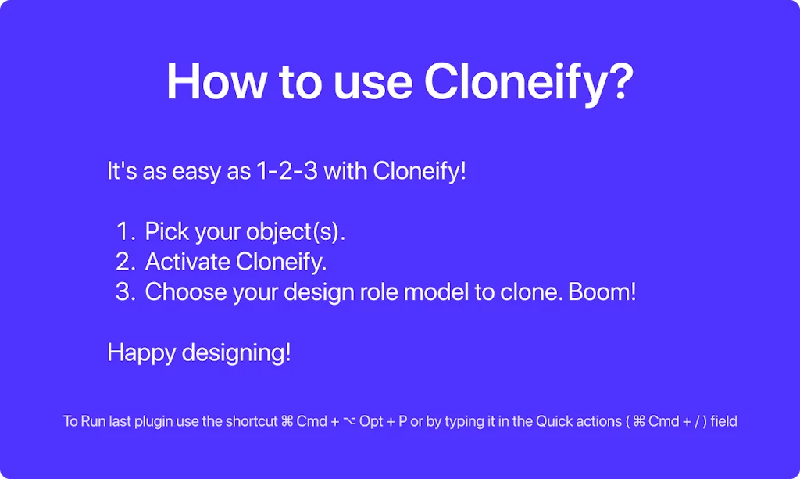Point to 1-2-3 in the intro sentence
(x=287, y=171)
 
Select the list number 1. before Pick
(x=125, y=231)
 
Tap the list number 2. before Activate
(x=125, y=261)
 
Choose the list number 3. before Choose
(x=125, y=291)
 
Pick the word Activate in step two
(x=187, y=261)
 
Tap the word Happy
(x=141, y=352)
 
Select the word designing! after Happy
(x=236, y=352)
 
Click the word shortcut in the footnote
(x=251, y=422)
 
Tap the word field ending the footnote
(x=723, y=422)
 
